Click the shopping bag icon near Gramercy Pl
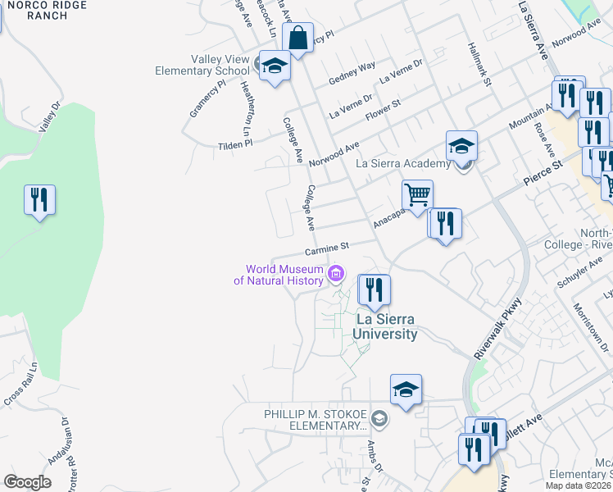tap(297, 38)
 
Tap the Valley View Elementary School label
tap(202, 65)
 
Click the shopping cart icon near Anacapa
tap(417, 195)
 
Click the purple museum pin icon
tap(334, 274)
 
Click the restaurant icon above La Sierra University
tap(374, 289)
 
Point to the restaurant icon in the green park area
tap(39, 200)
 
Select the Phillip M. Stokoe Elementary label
tap(315, 420)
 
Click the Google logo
tap(27, 481)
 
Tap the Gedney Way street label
tap(352, 72)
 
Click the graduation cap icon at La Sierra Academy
tap(462, 146)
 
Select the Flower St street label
tap(383, 109)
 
